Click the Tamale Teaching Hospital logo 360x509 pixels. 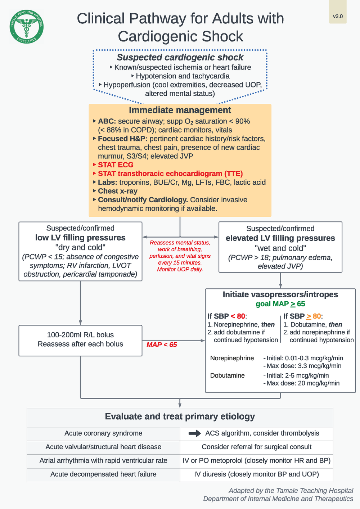27,27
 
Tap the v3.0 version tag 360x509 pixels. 338,16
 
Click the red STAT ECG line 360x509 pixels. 116,165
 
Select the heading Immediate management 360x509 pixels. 180,110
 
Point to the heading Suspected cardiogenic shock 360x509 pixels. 180,57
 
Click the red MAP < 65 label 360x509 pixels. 162,345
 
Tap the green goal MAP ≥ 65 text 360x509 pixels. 280,304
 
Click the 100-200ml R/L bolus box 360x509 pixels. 80,340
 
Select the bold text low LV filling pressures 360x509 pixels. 80,238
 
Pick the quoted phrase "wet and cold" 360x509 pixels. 280,248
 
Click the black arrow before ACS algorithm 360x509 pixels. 195,433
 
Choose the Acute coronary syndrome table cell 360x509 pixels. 103,433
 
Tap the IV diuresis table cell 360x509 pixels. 256,474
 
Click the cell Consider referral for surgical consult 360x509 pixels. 256,447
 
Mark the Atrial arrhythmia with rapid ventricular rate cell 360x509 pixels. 103,461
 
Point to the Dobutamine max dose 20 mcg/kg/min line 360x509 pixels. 303,383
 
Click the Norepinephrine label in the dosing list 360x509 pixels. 232,358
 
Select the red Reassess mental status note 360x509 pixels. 180,256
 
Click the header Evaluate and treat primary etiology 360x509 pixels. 180,417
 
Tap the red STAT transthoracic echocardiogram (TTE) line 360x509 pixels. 170,174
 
